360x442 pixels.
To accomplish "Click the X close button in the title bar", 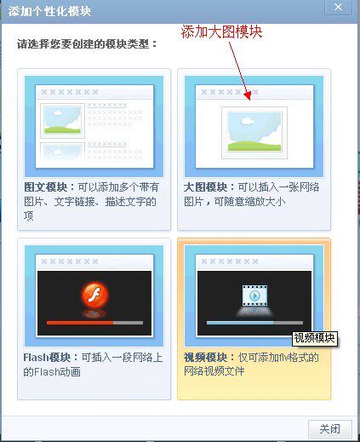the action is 338,8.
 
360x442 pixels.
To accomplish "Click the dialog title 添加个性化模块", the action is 49,12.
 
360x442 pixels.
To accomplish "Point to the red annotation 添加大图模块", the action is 221,32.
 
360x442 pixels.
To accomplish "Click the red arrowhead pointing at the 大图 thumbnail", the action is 248,95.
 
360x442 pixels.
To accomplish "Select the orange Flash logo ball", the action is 94,294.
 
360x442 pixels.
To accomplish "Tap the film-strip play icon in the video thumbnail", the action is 254,296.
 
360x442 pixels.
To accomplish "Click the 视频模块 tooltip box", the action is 315,338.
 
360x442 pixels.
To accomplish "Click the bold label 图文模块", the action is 46,187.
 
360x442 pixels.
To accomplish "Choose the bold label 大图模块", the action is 205,187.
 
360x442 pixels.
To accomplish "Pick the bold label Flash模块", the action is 47,358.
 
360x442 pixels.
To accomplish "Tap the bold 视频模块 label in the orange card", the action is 205,358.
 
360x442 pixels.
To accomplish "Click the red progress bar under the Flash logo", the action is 80,323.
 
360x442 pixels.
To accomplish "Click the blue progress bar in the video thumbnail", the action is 240,323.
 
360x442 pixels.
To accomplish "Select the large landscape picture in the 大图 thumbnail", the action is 254,131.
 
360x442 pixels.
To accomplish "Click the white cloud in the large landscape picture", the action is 248,121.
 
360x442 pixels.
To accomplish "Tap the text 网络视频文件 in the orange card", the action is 214,371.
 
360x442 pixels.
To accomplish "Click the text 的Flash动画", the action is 52,371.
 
